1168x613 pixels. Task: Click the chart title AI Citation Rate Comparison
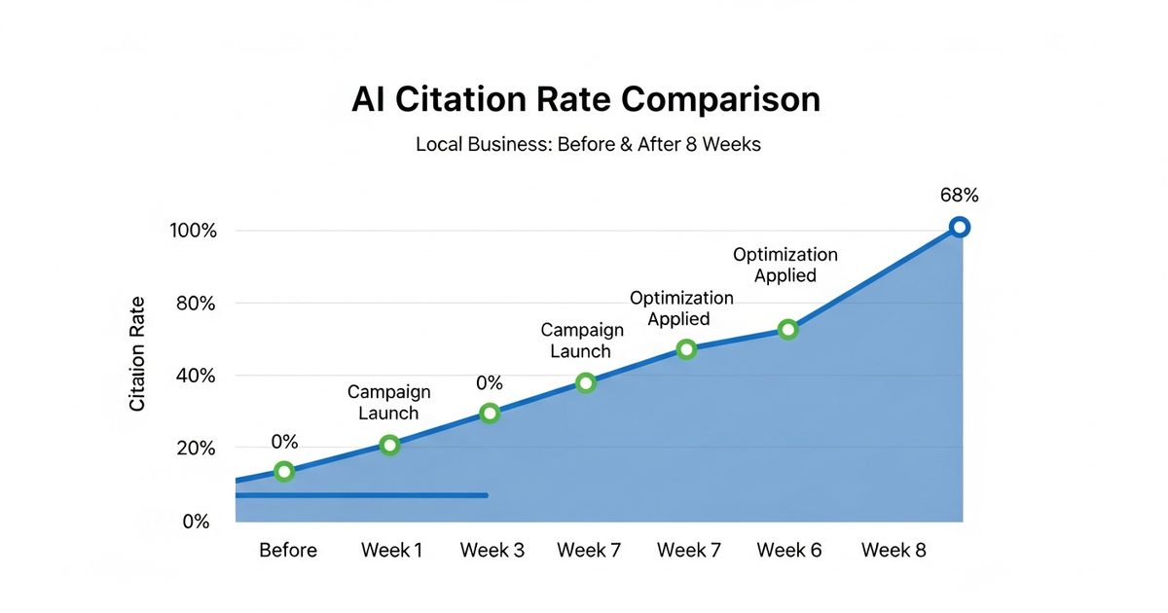[x=585, y=100]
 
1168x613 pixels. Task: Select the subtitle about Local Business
[x=588, y=144]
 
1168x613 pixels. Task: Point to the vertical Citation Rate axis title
[x=137, y=353]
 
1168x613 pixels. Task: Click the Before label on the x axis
[x=288, y=551]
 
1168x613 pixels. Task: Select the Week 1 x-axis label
[x=391, y=551]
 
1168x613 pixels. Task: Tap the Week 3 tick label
[x=492, y=551]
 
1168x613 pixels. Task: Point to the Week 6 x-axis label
[x=789, y=551]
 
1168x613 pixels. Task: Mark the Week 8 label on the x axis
[x=894, y=551]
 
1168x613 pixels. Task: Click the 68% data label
[x=959, y=196]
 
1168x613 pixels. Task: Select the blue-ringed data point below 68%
[x=959, y=228]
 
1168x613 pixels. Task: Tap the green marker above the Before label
[x=284, y=472]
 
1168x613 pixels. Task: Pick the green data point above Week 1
[x=389, y=446]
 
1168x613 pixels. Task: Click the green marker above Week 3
[x=490, y=414]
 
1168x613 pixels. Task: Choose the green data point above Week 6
[x=788, y=330]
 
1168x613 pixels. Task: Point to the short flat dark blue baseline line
[x=361, y=495]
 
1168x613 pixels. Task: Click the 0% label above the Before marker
[x=283, y=440]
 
